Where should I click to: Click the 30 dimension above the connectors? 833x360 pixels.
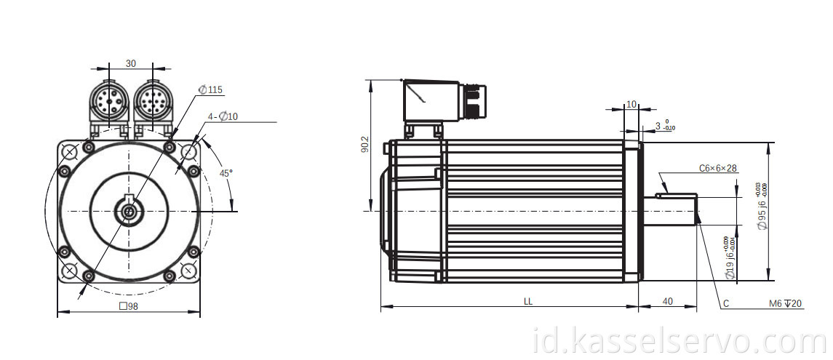(130, 63)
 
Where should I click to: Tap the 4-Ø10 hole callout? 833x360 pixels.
(223, 116)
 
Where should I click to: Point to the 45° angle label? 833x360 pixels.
(226, 173)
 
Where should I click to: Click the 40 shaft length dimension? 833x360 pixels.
(667, 300)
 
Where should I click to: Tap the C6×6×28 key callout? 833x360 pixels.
(718, 168)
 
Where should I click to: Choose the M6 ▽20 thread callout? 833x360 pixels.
(786, 303)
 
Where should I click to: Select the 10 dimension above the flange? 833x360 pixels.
(631, 104)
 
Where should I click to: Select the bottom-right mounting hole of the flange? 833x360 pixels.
(188, 271)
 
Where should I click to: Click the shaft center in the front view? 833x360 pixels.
(129, 212)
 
